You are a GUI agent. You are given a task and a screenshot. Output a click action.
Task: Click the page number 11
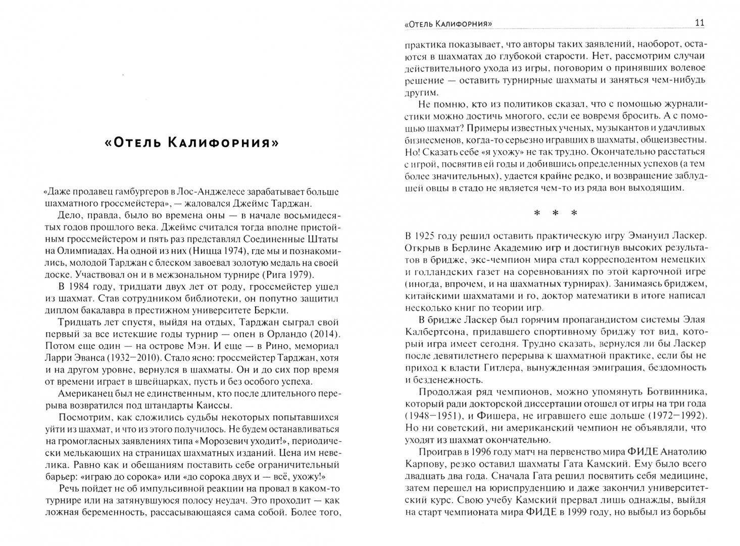[700, 23]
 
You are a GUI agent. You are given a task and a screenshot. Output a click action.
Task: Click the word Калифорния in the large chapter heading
[229, 143]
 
